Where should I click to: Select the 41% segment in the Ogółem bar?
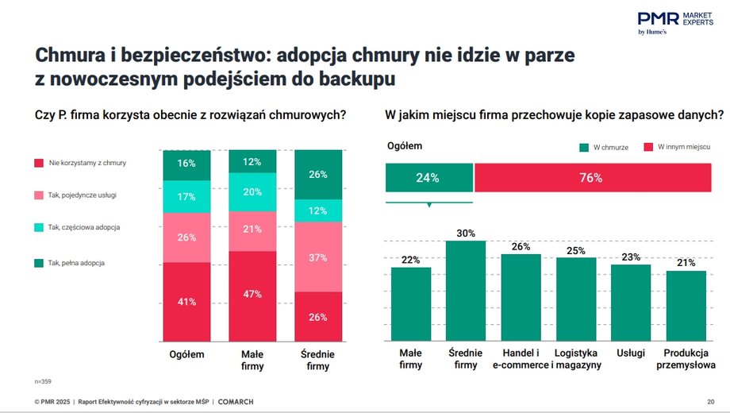pyautogui.click(x=186, y=302)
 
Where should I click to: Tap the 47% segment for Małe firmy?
pyautogui.click(x=252, y=293)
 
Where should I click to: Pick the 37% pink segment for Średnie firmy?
pyautogui.click(x=318, y=257)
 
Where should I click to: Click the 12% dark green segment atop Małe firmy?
pyautogui.click(x=252, y=161)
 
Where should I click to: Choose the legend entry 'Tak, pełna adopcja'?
pyautogui.click(x=75, y=262)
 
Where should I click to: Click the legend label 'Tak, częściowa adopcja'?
pyautogui.click(x=83, y=228)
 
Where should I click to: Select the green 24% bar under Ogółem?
pyautogui.click(x=428, y=178)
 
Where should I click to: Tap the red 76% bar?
pyautogui.click(x=591, y=178)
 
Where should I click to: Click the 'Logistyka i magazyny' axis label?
pyautogui.click(x=576, y=359)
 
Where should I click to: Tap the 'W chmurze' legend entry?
pyautogui.click(x=605, y=147)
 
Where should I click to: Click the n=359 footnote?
pyautogui.click(x=43, y=382)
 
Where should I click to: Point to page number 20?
pyautogui.click(x=710, y=402)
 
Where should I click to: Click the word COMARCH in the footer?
pyautogui.click(x=236, y=402)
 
